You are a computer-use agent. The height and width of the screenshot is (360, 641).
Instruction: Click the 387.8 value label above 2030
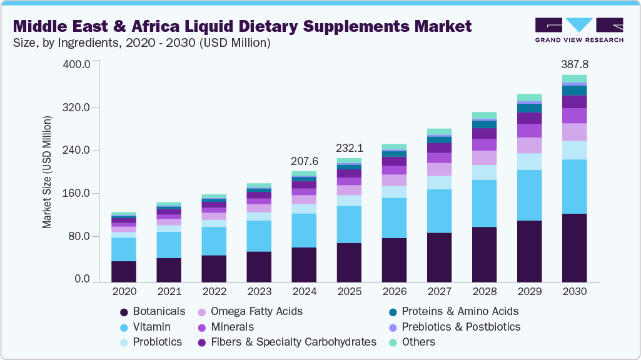click(x=575, y=64)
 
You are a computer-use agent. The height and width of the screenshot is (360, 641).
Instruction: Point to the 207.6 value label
click(x=305, y=161)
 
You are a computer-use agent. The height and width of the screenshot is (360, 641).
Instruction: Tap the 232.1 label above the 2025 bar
click(x=350, y=149)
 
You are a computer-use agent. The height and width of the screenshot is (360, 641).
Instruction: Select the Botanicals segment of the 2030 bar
click(x=574, y=247)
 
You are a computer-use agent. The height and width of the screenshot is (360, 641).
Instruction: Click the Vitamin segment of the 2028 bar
click(x=484, y=203)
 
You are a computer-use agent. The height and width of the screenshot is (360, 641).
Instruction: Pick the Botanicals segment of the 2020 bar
click(x=124, y=271)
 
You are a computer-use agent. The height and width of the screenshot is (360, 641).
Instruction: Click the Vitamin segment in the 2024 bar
click(x=304, y=231)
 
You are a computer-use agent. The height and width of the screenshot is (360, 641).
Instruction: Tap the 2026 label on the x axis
click(x=394, y=291)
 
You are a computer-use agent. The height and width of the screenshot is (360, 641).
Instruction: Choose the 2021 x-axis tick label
click(x=169, y=291)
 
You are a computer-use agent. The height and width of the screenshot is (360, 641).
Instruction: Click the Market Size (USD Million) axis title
click(x=48, y=172)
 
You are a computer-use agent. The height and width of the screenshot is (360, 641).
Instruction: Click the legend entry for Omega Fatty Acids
click(x=256, y=311)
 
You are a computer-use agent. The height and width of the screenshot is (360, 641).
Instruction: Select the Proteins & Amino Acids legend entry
click(x=460, y=311)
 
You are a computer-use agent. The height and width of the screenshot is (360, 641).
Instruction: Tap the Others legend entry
click(x=418, y=342)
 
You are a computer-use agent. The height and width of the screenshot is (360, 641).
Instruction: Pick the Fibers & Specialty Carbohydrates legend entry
click(x=293, y=342)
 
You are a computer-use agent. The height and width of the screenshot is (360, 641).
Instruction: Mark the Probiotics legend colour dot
click(x=124, y=342)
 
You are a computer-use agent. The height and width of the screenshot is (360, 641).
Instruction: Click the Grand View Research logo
click(x=579, y=30)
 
